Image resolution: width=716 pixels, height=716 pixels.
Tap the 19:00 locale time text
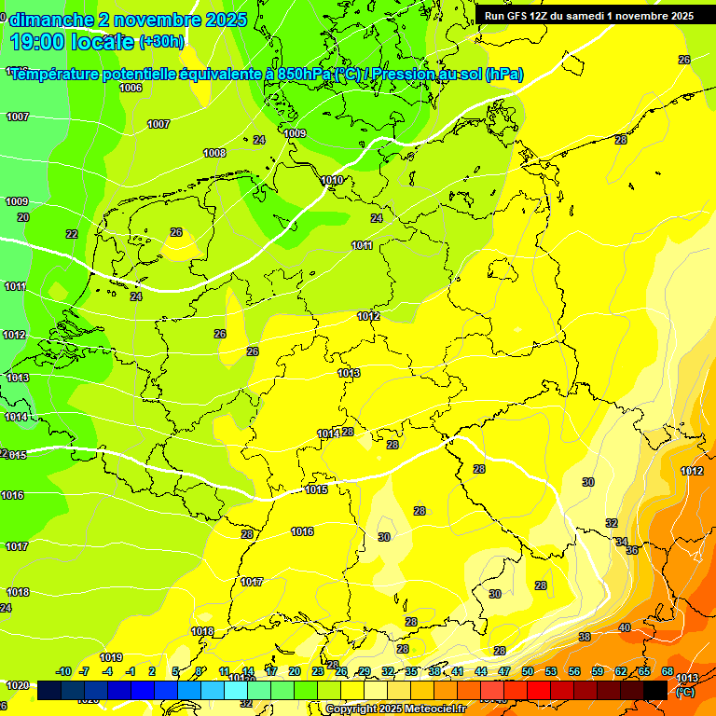[x=72, y=41]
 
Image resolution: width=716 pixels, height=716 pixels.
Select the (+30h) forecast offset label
[x=161, y=42]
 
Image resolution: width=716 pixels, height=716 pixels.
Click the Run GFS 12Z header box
[x=588, y=16]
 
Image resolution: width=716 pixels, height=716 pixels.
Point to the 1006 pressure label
[x=131, y=88]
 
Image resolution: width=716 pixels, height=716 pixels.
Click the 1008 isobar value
[x=214, y=153]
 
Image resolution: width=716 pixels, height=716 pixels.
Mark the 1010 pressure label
[x=331, y=180]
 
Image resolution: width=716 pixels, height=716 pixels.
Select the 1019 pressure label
[x=112, y=657]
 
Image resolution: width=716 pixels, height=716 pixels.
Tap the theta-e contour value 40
[x=624, y=627]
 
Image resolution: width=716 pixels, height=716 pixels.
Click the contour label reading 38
[x=585, y=637]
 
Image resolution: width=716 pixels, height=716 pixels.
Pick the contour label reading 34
[x=622, y=542]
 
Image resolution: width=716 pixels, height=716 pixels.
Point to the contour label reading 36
[x=632, y=551]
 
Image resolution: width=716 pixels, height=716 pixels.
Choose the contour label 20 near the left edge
[x=23, y=217]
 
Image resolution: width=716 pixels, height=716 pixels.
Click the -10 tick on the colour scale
[x=63, y=671]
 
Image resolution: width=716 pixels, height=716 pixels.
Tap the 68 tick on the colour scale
[x=668, y=671]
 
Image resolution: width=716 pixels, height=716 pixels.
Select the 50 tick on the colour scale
[x=528, y=671]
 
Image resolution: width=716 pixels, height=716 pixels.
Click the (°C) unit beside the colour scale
[x=684, y=691]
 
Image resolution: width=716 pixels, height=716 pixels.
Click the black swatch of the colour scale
[x=655, y=689]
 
